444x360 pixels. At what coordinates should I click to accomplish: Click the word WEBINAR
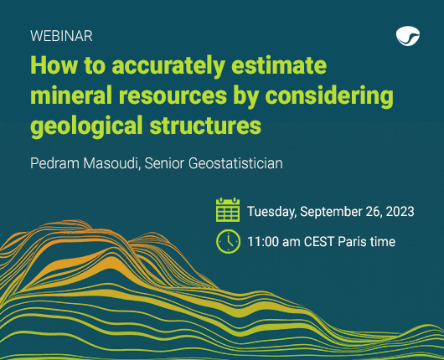pyautogui.click(x=61, y=36)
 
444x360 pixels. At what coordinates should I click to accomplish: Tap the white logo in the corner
pyautogui.click(x=408, y=36)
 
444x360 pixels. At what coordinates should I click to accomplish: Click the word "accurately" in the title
pyautogui.click(x=168, y=66)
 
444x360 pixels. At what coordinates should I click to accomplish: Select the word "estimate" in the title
pyautogui.click(x=279, y=65)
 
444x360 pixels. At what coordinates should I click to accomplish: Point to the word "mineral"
pyautogui.click(x=71, y=95)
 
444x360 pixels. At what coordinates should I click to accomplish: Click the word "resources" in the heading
pyautogui.click(x=173, y=96)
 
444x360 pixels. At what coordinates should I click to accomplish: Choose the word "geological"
pyautogui.click(x=86, y=126)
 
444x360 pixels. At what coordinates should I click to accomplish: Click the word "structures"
pyautogui.click(x=205, y=126)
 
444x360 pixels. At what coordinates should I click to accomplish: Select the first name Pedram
pyautogui.click(x=55, y=163)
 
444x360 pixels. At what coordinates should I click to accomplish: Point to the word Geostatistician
pyautogui.click(x=235, y=163)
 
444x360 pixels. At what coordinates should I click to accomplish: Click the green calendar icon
pyautogui.click(x=228, y=209)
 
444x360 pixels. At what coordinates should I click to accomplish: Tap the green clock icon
pyautogui.click(x=228, y=242)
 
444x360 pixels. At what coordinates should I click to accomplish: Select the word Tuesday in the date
pyautogui.click(x=271, y=212)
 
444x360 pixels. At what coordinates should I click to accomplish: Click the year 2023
pyautogui.click(x=400, y=212)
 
